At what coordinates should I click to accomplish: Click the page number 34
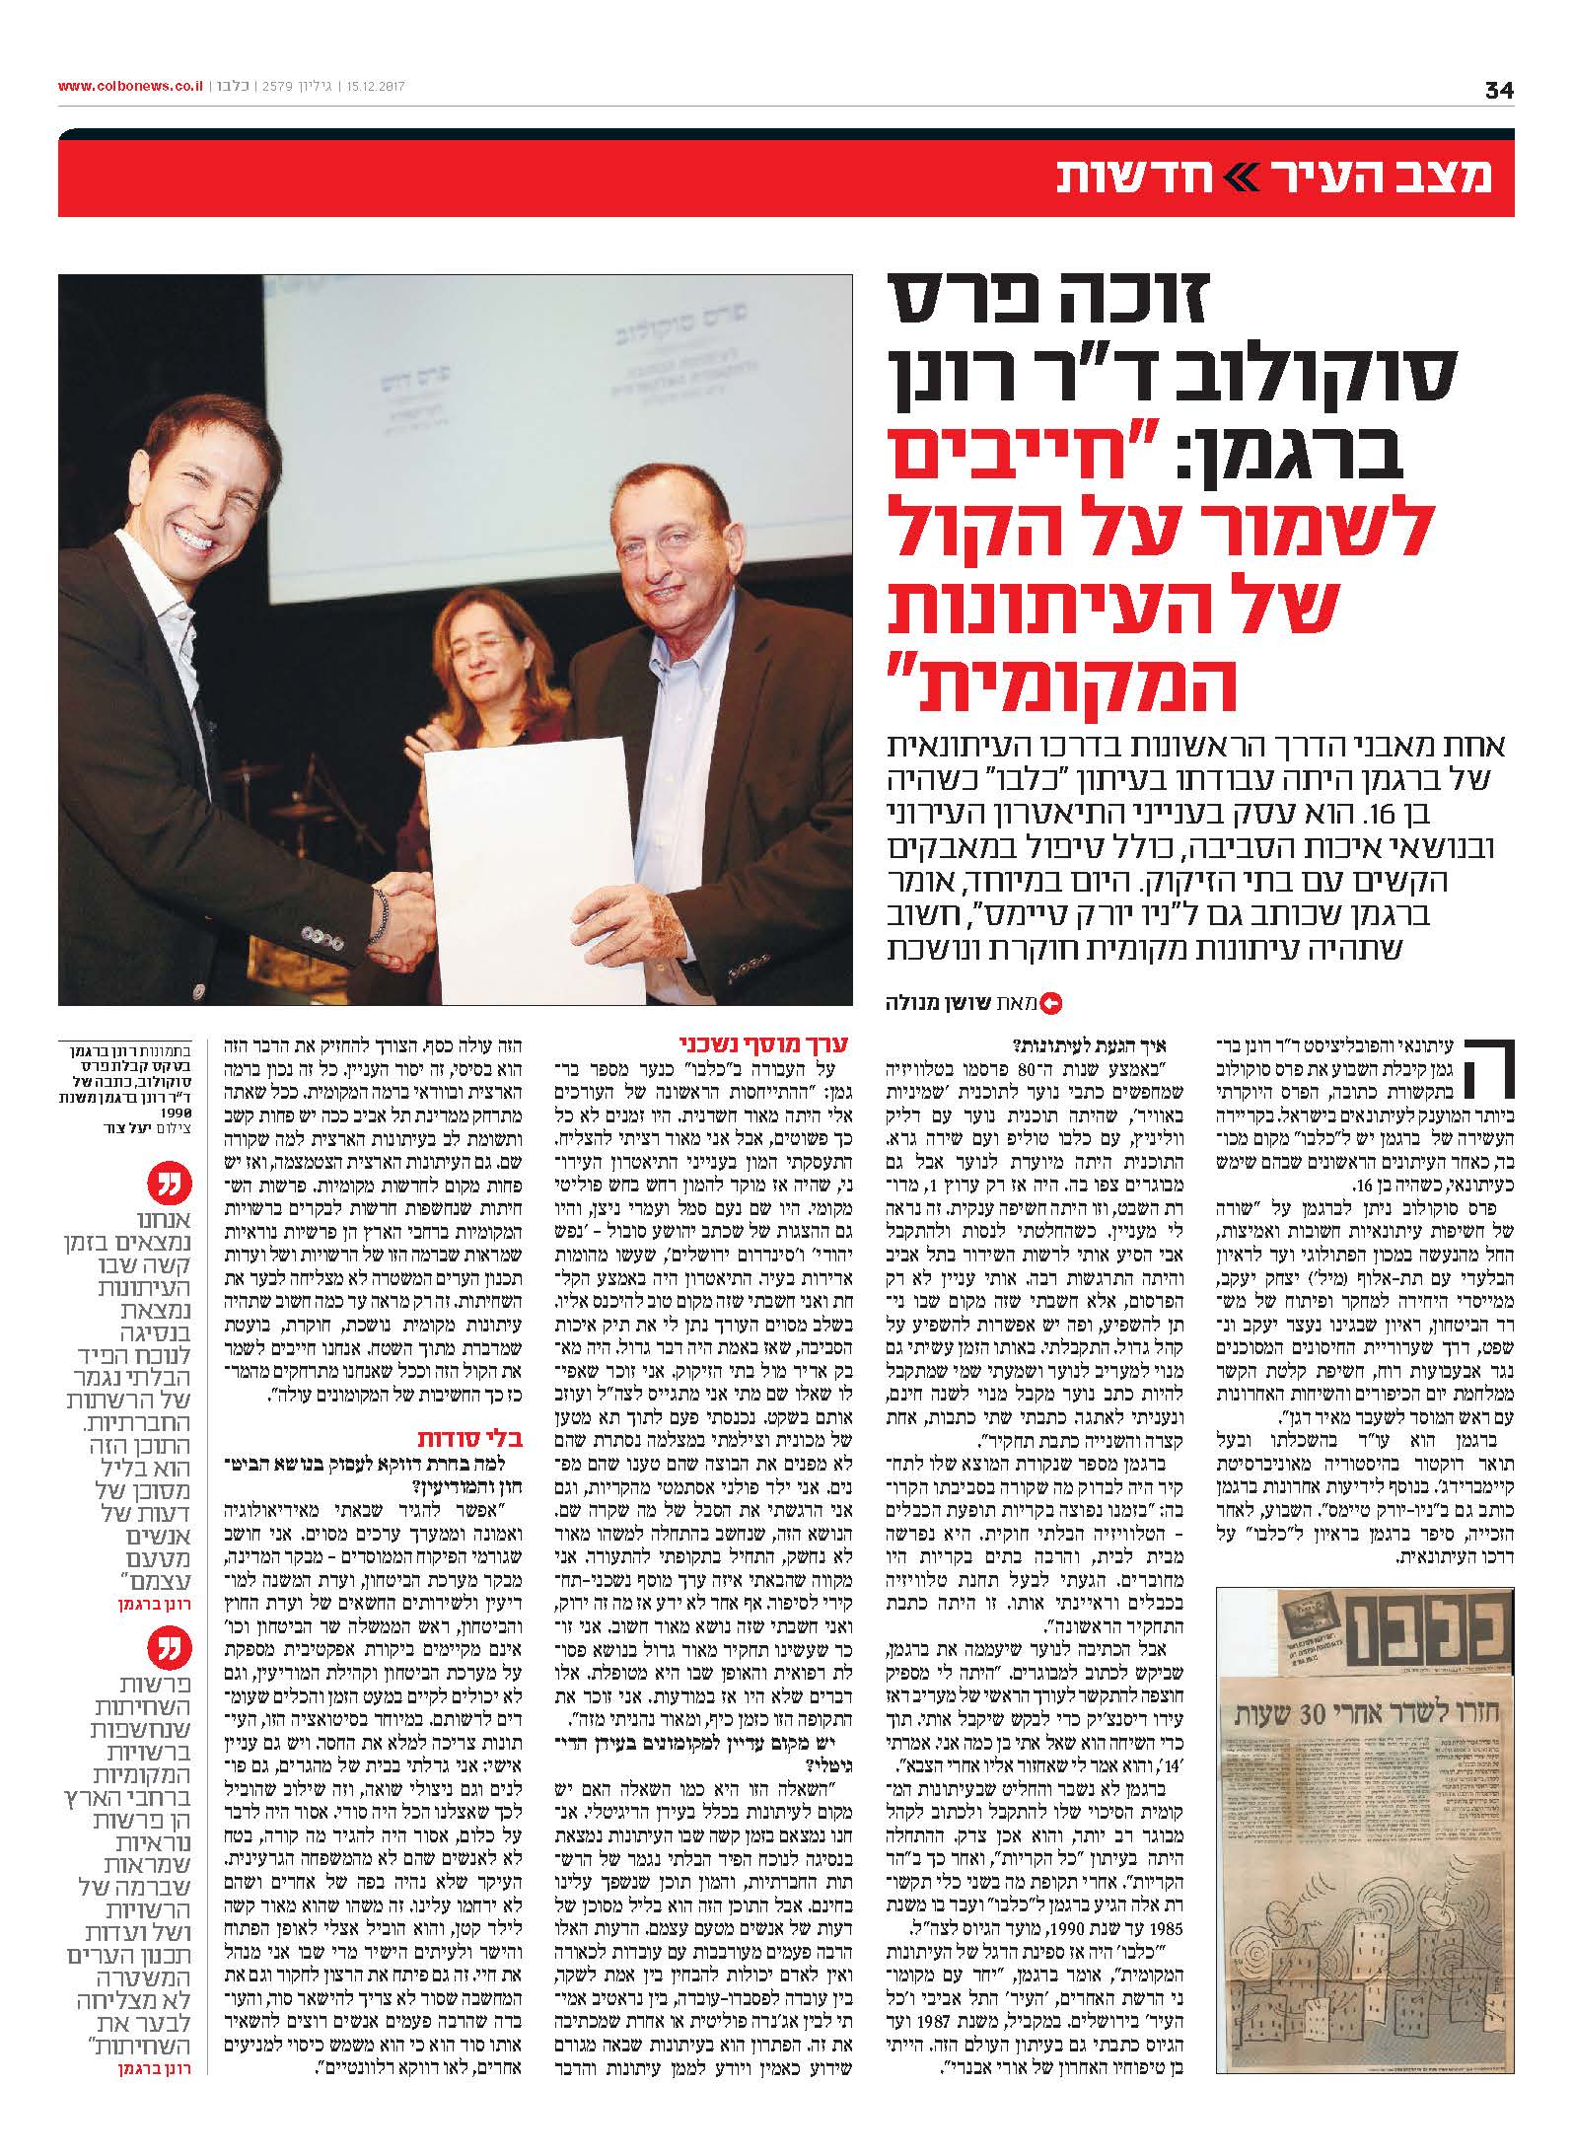pos(1498,90)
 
